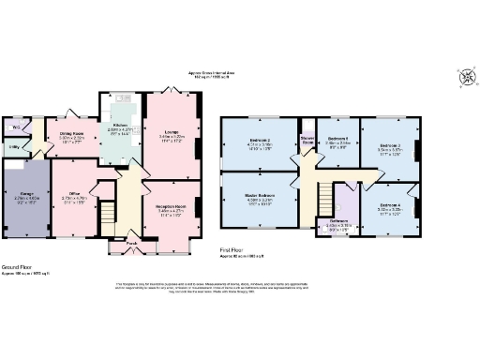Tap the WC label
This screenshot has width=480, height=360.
point(16,127)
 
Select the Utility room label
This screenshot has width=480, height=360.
point(16,147)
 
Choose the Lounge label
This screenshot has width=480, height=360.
point(172,132)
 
